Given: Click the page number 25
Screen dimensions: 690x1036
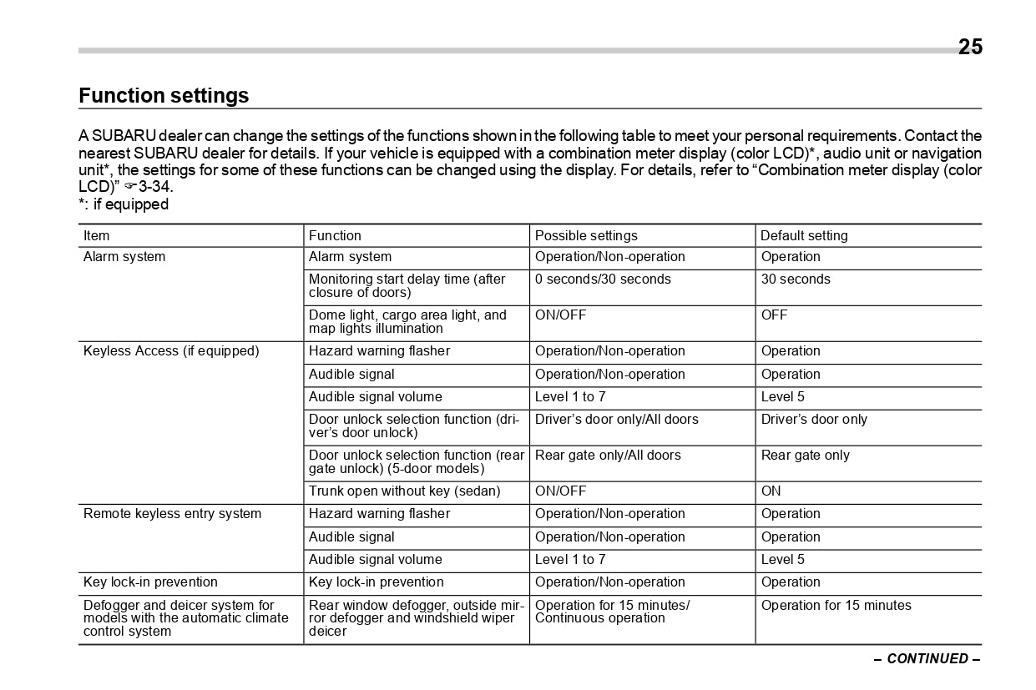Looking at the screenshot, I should click(970, 48).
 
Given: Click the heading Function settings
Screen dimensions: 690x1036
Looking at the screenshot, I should click(164, 96).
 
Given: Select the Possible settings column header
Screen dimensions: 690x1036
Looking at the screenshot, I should click(585, 236).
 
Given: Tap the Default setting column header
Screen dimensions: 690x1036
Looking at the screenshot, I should click(803, 236).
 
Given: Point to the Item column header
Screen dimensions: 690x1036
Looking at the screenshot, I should click(97, 236).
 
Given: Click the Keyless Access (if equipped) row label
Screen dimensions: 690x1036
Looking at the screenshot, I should click(171, 351).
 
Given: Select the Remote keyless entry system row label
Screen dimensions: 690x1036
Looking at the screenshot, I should click(172, 514).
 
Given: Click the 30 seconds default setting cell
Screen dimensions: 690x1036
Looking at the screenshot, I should click(795, 280).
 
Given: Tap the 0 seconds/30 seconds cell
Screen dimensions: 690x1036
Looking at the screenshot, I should click(602, 280).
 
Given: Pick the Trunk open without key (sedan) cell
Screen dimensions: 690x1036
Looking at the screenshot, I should click(404, 491).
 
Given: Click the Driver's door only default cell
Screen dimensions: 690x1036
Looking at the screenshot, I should click(814, 420).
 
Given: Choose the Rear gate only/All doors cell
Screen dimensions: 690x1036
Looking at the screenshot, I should click(607, 456).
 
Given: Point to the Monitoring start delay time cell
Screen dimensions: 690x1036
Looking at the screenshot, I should click(407, 286).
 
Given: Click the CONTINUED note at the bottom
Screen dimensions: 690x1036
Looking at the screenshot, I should click(927, 659).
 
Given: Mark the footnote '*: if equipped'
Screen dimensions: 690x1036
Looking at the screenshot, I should click(124, 204).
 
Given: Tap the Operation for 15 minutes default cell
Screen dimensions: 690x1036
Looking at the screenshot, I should click(836, 606).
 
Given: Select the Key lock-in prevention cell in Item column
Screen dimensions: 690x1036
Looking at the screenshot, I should click(150, 582).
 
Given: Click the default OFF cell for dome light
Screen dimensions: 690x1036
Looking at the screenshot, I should click(774, 315).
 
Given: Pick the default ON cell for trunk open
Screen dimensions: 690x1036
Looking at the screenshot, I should click(771, 491).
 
